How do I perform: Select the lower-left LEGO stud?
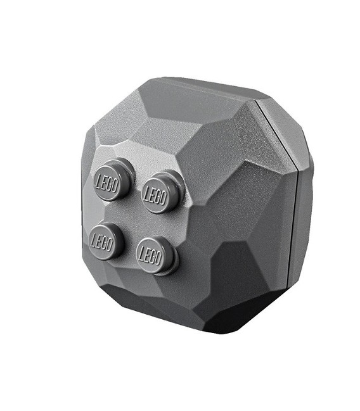[x=107, y=241]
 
